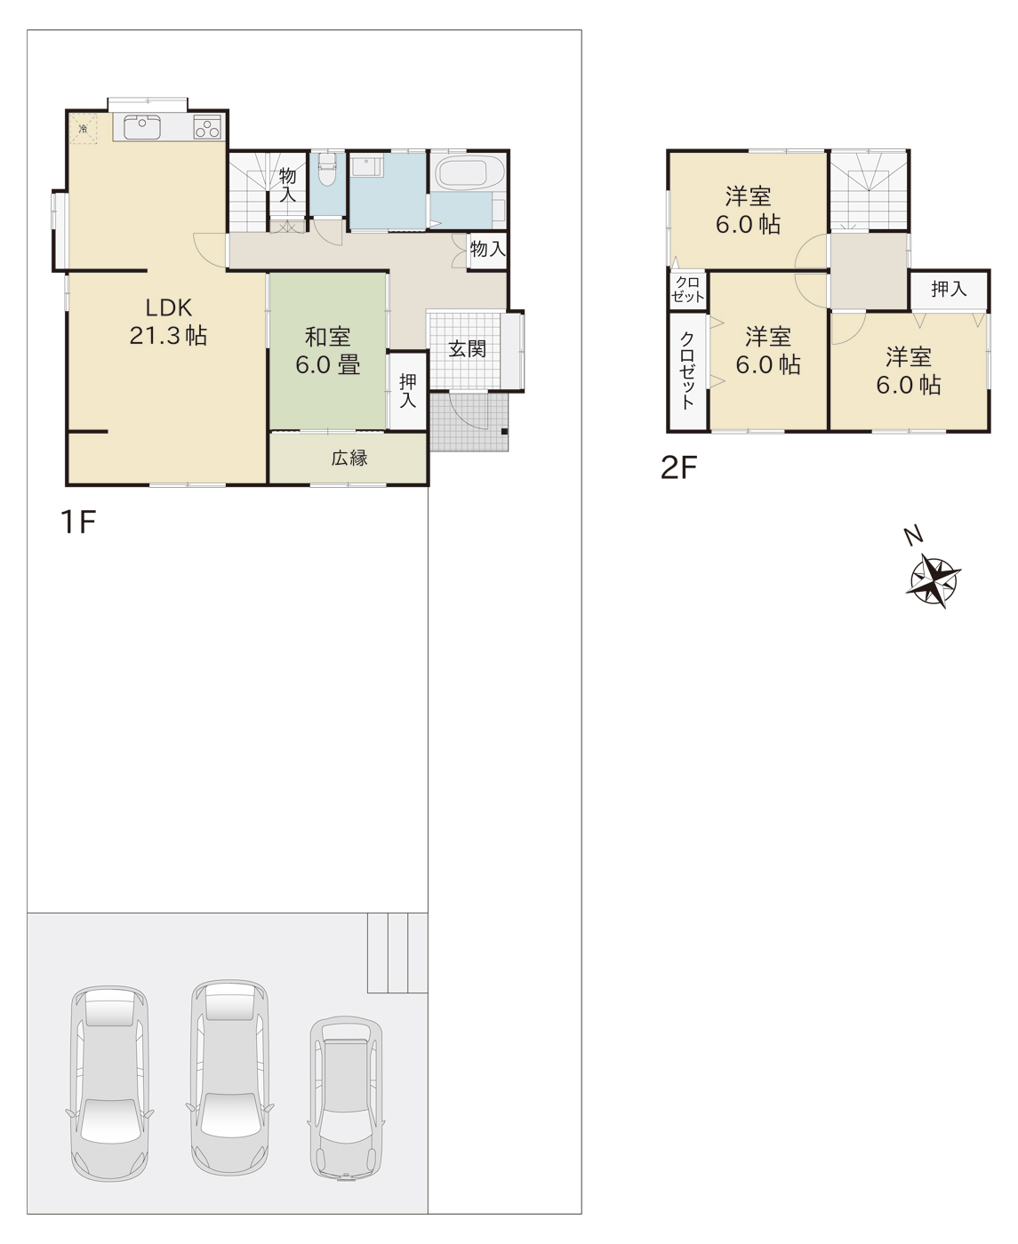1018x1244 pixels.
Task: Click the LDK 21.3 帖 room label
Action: tap(168, 322)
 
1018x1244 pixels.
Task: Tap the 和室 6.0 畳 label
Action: tap(327, 352)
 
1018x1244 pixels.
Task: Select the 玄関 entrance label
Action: tap(467, 349)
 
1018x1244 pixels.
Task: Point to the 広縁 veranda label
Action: tap(349, 458)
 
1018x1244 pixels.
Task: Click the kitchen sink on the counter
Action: tap(142, 127)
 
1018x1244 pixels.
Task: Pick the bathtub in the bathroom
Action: tap(469, 172)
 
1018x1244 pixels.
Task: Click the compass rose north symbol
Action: tap(934, 581)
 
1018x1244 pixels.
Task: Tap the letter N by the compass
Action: tap(913, 536)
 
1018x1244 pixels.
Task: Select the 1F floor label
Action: tap(78, 522)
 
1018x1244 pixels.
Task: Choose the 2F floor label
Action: tap(678, 467)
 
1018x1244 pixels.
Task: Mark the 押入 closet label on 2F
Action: tap(949, 289)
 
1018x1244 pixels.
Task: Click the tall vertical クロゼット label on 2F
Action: tap(687, 370)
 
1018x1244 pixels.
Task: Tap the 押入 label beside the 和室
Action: tap(408, 390)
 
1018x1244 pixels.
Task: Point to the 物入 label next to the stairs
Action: tap(287, 185)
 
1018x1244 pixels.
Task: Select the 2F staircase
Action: tap(868, 190)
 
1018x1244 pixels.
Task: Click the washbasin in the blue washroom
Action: tap(367, 166)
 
